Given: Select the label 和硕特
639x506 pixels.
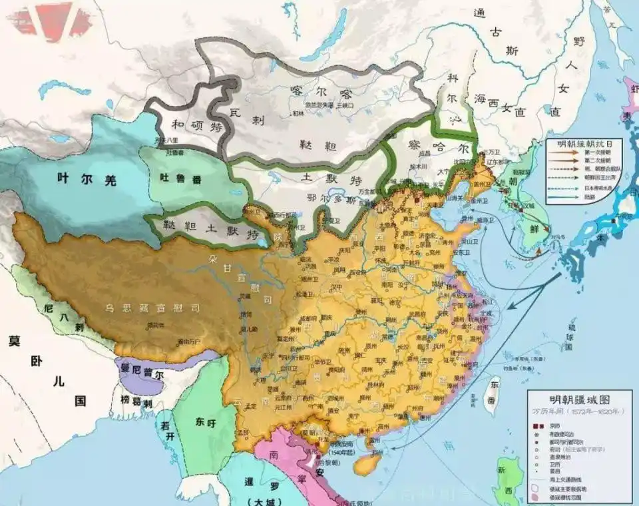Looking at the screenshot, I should pyautogui.click(x=188, y=124).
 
